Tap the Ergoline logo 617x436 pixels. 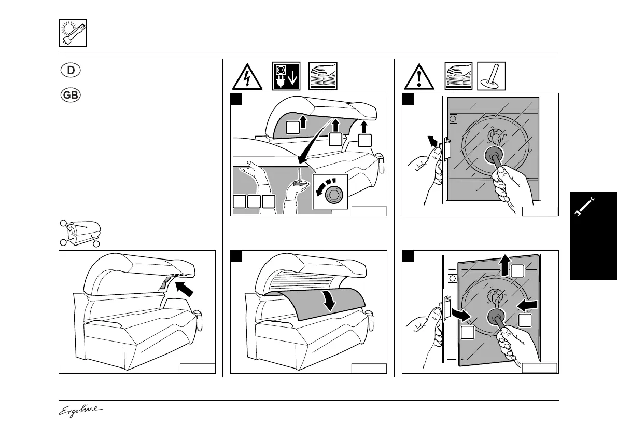coord(80,410)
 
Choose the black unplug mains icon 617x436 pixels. coord(286,76)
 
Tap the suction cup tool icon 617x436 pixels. coord(490,76)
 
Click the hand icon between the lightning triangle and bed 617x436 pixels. coord(323,76)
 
